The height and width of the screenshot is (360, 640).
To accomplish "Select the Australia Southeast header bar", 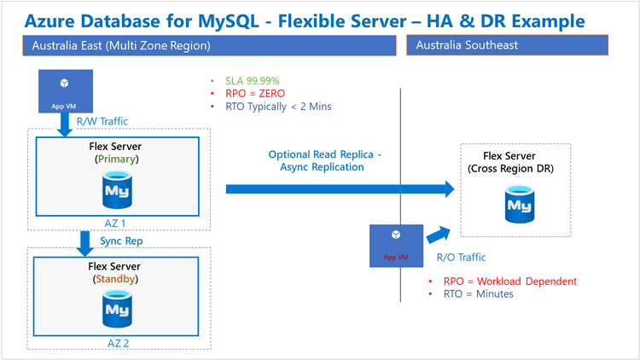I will click(508, 45).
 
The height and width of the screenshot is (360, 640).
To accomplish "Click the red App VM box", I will click(395, 242).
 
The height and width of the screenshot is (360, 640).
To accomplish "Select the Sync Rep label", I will click(122, 241).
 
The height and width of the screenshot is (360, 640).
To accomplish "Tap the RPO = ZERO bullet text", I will click(251, 93).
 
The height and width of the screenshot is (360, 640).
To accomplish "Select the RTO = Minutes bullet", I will click(478, 293).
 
